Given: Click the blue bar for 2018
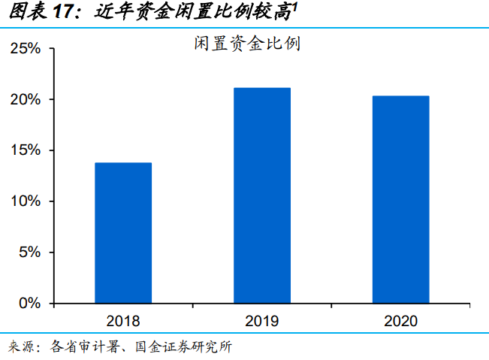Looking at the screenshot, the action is tap(123, 233).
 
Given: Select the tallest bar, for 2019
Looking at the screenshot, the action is tap(262, 195).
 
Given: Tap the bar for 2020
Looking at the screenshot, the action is tap(401, 199).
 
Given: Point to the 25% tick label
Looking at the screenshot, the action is tap(26, 48).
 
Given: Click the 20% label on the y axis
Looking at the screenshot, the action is tap(26, 99).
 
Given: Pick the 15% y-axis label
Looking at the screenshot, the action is tap(26, 150).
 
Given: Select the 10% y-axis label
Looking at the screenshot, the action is tap(26, 201).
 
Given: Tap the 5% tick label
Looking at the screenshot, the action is tap(29, 252).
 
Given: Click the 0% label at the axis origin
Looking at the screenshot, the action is tap(29, 303).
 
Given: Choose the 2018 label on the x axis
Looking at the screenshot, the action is tap(123, 321).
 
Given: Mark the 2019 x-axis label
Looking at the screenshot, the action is tap(262, 321).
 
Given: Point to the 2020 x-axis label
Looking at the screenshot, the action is tap(401, 321).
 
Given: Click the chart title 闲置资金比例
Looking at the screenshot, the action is tap(247, 43).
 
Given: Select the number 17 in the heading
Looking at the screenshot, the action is tap(63, 11).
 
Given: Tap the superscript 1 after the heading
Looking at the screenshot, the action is tap(294, 8).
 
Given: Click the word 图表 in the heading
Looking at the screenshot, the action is tap(28, 11).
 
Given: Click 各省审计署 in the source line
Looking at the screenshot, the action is tap(85, 346).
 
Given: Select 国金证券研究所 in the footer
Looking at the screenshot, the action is tap(184, 346).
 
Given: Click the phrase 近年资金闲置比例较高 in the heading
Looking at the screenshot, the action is tap(193, 12).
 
